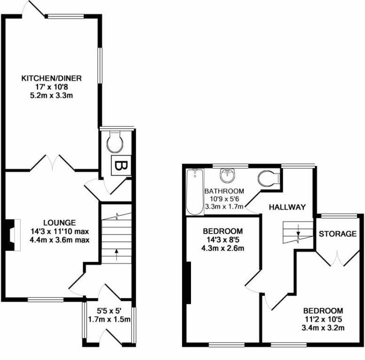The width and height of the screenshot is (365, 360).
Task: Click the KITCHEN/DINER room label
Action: click(x=52, y=78)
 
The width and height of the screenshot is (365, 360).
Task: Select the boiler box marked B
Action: click(x=121, y=165)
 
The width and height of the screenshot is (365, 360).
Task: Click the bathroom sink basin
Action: click(x=228, y=175)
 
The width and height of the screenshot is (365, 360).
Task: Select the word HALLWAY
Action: click(x=288, y=207)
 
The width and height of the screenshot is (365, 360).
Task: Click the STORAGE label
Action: click(x=338, y=234)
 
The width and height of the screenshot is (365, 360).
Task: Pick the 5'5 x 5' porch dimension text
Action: click(x=109, y=311)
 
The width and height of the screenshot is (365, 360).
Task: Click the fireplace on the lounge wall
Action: click(x=11, y=234)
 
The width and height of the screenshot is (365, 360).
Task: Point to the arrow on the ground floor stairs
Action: click(x=116, y=257)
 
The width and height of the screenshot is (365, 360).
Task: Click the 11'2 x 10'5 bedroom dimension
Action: click(x=323, y=320)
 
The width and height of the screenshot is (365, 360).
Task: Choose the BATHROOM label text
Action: click(x=224, y=191)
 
